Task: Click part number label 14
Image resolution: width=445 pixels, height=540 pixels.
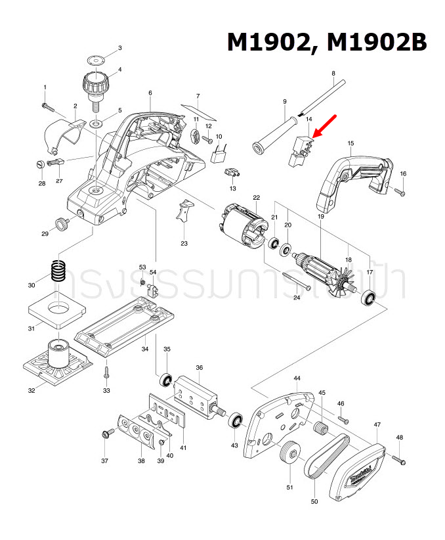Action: [x=308, y=120]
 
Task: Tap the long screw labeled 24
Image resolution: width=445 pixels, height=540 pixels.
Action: [x=297, y=283]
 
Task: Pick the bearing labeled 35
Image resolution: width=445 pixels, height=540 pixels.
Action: [x=167, y=380]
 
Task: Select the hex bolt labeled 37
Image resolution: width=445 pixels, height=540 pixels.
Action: [x=104, y=433]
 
